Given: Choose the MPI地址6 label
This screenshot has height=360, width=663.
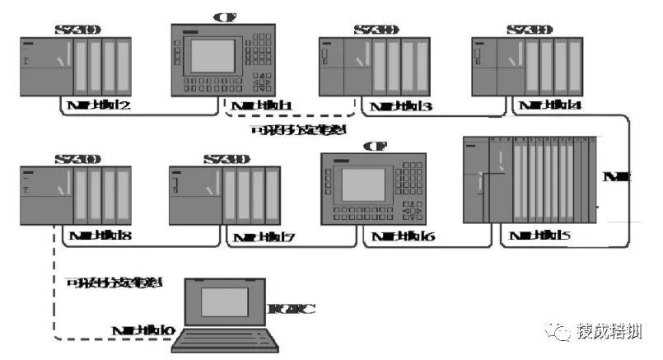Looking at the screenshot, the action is [404, 237].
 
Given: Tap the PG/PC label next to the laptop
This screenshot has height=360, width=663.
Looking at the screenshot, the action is [292, 310].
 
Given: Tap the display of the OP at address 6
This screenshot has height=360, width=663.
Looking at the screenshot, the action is [363, 185].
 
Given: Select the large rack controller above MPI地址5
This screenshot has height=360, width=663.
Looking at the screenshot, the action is [527, 182].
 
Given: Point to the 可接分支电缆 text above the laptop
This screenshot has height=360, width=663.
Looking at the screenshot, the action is [113, 283].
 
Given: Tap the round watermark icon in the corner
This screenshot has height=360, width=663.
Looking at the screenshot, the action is [563, 331].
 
